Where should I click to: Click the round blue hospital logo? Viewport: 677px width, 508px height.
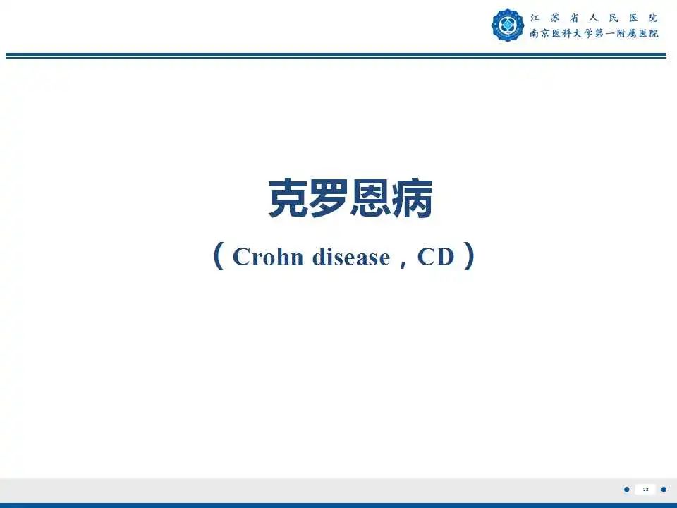508,25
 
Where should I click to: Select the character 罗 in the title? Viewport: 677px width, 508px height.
330,200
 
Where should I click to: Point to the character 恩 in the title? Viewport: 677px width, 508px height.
371,200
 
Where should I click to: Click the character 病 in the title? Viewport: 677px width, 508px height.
412,200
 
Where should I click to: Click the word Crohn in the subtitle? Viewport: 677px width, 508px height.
267,258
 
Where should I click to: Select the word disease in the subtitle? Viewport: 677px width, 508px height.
350,258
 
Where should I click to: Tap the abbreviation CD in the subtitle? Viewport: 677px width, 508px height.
436,258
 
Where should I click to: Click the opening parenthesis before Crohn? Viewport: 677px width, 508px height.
219,257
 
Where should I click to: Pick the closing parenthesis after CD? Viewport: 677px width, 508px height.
468,257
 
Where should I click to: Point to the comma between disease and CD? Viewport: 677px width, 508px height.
403,261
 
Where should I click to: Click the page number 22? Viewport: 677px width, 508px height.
645,490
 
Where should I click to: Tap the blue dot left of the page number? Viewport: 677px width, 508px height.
627,490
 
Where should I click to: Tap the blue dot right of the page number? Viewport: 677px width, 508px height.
664,490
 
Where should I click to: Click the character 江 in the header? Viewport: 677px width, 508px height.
535,18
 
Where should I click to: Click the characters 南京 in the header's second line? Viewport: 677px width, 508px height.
541,33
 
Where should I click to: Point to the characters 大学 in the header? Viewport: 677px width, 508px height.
578,33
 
